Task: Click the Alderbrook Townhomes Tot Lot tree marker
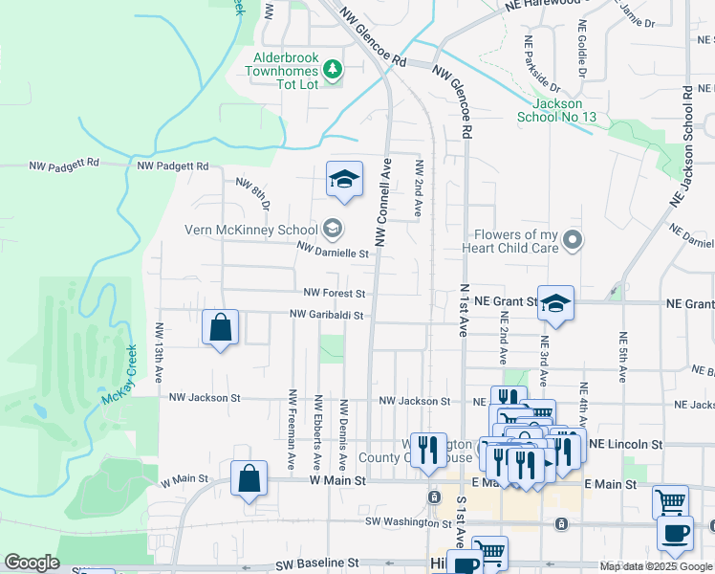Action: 332,68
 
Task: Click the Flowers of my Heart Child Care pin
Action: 573,240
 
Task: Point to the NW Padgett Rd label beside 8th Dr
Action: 172,166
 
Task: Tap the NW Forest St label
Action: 335,293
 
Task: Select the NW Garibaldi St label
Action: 328,315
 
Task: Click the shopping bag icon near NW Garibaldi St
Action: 221,327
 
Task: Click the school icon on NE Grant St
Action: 555,303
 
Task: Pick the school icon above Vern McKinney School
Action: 344,179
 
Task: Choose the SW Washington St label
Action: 408,522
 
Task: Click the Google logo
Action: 32,563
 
